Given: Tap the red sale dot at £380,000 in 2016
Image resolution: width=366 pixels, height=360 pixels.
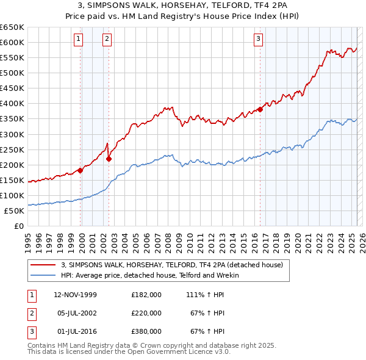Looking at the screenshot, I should (x=260, y=109).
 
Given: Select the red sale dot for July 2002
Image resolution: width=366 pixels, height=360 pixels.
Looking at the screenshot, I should (x=109, y=159).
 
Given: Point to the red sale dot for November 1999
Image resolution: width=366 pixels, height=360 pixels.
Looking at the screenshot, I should (x=81, y=170).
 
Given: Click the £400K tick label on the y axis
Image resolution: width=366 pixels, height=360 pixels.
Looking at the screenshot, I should (x=12, y=103).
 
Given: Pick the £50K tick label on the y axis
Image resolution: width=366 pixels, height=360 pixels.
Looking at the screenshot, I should (x=15, y=211).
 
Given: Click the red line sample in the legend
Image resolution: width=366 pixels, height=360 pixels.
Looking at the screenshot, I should (x=43, y=265).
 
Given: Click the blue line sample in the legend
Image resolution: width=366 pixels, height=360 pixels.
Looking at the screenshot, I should (x=43, y=275).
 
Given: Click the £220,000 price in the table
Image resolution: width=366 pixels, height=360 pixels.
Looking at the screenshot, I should (x=146, y=313).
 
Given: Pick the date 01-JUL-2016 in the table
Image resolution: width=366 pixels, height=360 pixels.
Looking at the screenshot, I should (x=75, y=331).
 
